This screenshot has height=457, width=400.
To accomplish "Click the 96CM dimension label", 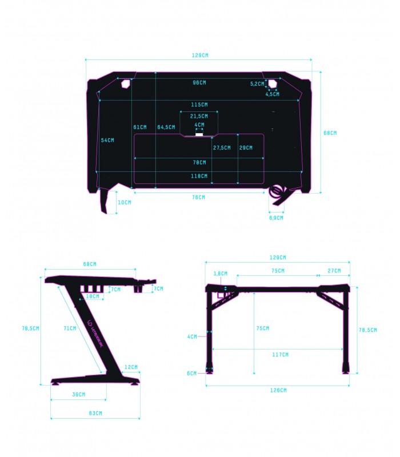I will click(x=199, y=83).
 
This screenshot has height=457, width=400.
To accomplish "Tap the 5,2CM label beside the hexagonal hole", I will click(x=258, y=84).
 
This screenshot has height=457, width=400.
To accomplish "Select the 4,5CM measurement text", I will click(x=273, y=94).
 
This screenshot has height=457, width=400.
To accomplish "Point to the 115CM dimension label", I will click(x=199, y=105).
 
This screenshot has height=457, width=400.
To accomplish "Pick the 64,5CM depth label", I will click(x=166, y=127).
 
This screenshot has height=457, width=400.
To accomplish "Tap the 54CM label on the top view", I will click(x=107, y=140).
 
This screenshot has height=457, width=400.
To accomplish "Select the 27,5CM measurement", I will click(x=222, y=147).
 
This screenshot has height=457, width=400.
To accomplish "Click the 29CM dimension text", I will click(x=246, y=147).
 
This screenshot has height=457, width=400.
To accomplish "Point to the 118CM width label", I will click(x=199, y=176).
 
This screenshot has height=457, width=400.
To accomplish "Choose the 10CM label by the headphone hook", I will click(x=124, y=203).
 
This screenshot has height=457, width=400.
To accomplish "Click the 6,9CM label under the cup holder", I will click(x=276, y=218).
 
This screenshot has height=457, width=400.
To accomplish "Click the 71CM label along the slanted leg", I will click(x=70, y=328).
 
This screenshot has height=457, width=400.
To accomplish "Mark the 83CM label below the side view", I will click(x=95, y=413).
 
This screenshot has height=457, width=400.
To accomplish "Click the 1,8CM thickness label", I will click(x=221, y=274).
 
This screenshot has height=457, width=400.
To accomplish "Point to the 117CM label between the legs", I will click(x=280, y=355).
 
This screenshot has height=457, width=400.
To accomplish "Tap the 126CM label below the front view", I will click(x=278, y=390).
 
